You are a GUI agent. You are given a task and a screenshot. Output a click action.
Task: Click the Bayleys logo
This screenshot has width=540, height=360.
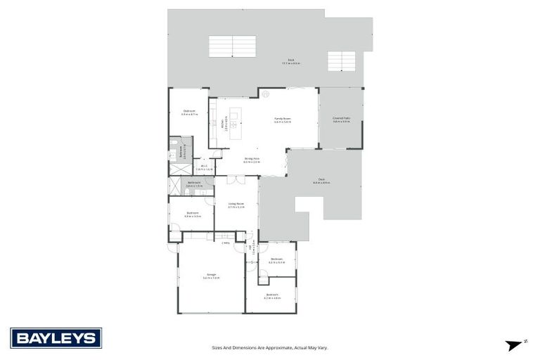click(56, 337)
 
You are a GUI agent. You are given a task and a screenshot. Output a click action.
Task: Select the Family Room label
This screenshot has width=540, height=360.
click(283, 119)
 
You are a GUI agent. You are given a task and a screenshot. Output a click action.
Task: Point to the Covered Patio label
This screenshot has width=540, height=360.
click(341, 118)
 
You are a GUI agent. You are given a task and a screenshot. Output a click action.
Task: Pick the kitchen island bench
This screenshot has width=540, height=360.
click(235, 124)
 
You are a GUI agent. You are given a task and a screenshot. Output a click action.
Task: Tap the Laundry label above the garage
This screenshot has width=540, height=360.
click(225, 243)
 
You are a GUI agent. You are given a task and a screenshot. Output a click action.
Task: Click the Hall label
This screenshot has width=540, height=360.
click(252, 249)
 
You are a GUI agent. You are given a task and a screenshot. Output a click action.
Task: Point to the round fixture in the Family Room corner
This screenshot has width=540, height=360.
click(266, 94)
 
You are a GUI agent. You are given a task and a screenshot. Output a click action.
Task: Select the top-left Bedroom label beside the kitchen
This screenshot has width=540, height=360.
click(189, 111)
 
